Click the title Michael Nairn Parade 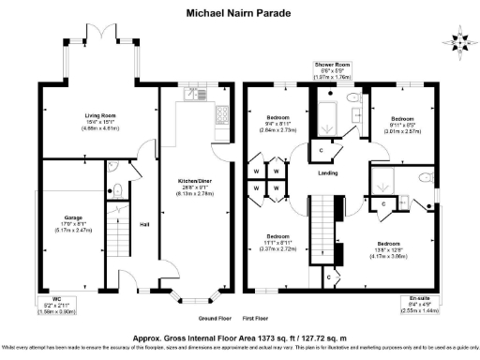[x=239, y=13]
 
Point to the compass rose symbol [x=459, y=41]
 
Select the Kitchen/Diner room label [x=188, y=184]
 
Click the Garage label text [x=48, y=223]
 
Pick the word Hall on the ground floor [x=144, y=224]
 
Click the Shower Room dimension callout [x=340, y=71]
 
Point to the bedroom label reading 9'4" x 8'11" [x=277, y=125]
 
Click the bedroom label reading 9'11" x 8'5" [x=402, y=125]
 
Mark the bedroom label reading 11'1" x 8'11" [x=277, y=242]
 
